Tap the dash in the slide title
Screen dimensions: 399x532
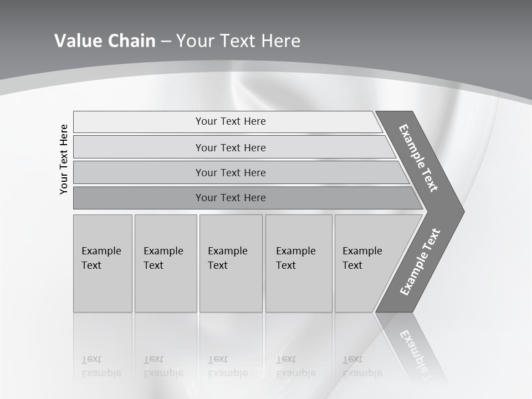[x=166, y=42]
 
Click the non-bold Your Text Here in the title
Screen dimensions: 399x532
[x=238, y=41]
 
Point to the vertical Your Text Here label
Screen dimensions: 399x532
[x=64, y=159]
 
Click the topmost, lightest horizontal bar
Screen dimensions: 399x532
[x=231, y=121]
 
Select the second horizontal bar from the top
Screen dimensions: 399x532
[x=231, y=147]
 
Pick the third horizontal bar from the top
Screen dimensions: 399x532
[x=231, y=172]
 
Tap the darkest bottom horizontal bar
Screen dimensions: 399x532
[x=231, y=198]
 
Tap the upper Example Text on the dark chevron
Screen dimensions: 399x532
[x=418, y=158]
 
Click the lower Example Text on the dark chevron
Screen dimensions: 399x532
[x=420, y=262]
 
